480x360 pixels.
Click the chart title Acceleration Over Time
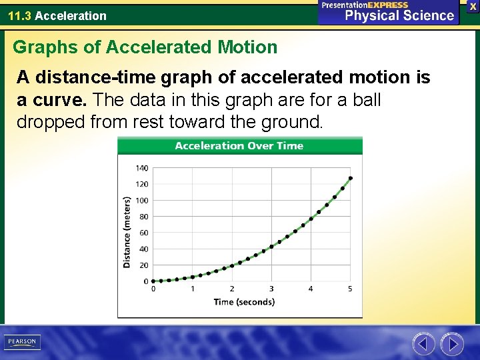click(x=239, y=146)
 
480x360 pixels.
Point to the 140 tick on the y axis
click(x=143, y=168)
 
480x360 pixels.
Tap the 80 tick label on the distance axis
click(x=144, y=217)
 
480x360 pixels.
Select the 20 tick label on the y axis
click(x=144, y=265)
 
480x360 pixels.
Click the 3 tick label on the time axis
click(x=271, y=289)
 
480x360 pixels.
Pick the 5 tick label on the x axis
click(x=350, y=289)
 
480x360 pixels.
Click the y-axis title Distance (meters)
click(x=127, y=232)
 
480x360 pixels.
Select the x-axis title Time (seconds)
click(x=244, y=302)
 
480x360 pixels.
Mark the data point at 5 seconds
click(x=351, y=178)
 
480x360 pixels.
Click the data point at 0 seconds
click(x=153, y=281)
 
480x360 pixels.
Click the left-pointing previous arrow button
click(x=423, y=344)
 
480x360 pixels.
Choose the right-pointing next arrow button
click(x=452, y=344)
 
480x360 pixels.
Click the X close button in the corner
click(x=473, y=5)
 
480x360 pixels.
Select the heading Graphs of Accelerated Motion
click(x=145, y=47)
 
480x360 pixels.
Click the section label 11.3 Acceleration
click(x=57, y=15)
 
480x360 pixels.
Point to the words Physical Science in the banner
click(x=399, y=15)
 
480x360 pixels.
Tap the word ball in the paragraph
click(x=367, y=100)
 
